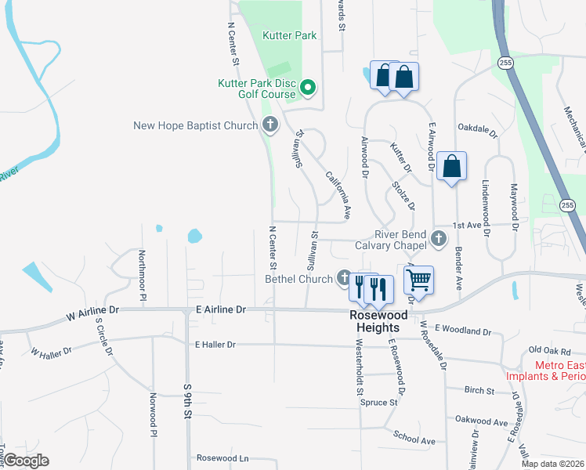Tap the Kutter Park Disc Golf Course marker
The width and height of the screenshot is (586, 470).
coord(308,88)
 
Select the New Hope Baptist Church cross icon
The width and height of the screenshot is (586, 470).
coord(270,125)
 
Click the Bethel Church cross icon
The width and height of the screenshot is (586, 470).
coord(344,277)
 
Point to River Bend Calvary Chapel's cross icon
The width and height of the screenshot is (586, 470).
coord(438,237)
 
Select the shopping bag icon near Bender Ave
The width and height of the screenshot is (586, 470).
coord(451,165)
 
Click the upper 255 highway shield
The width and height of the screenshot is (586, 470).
coord(505,62)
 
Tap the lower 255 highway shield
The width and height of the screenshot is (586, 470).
coord(568,204)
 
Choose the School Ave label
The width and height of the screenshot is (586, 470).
coord(414,439)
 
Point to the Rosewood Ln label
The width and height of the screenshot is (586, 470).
coord(222,457)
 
